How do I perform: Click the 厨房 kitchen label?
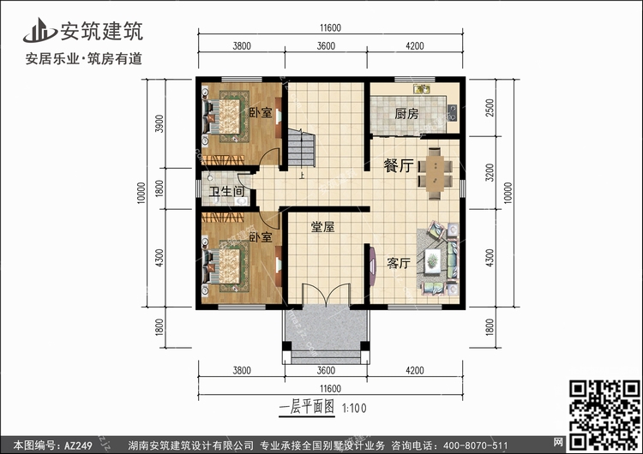click(x=406, y=114)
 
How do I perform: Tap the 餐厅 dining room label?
click(x=398, y=165)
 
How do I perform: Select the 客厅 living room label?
click(x=398, y=263)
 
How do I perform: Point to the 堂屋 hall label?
click(x=322, y=227)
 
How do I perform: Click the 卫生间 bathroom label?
click(x=226, y=191)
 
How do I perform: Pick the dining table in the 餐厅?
click(x=435, y=174)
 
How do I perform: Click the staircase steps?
click(x=302, y=147)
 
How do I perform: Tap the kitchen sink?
click(x=422, y=88)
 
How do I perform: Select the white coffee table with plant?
click(x=432, y=260)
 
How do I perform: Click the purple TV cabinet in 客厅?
click(x=372, y=266)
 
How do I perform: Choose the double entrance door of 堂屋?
click(x=327, y=294)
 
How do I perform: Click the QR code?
click(x=604, y=415)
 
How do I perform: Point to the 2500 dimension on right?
click(x=490, y=108)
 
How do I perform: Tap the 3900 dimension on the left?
click(x=159, y=123)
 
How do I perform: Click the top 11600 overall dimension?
click(x=331, y=28)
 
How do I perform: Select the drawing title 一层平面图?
click(x=307, y=407)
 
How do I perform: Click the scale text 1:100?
click(x=354, y=408)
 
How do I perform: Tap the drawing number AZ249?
click(x=78, y=445)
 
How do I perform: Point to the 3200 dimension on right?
click(x=490, y=172)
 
